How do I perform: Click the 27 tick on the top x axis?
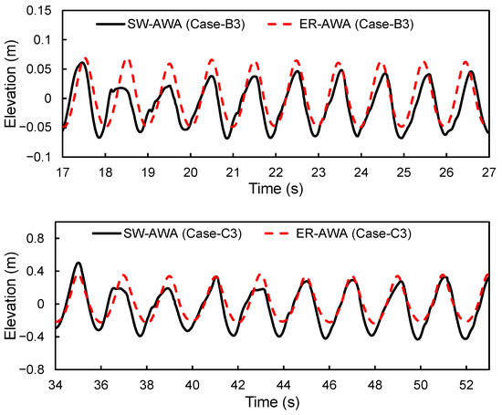488,171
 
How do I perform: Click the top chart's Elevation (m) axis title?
10,86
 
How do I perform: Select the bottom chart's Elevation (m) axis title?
10,304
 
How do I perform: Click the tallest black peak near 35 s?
78,263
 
